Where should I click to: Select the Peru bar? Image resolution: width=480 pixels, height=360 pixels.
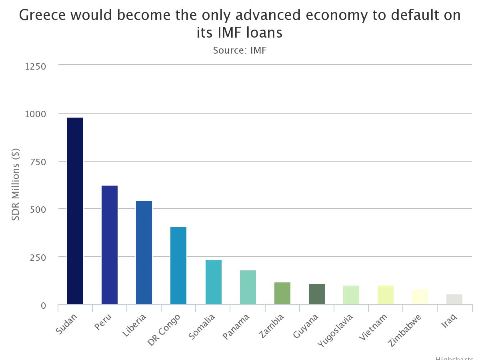coord(110,245)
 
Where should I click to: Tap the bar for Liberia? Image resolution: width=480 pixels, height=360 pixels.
coord(144,252)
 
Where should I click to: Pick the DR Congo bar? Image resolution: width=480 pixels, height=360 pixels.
coord(178,266)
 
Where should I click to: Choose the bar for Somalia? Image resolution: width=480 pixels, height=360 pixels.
coord(213,282)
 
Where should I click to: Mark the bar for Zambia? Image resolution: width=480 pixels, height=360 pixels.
coord(282,293)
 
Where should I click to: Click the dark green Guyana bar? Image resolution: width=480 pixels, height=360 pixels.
coord(317,294)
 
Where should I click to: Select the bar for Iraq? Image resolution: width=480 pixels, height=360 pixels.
coord(454,299)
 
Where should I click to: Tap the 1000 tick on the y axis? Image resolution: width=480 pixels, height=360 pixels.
coord(36,114)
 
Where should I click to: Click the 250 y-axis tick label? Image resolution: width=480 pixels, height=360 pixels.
coord(38,257)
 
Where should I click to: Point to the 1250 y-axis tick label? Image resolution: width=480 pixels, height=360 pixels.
coord(36,66)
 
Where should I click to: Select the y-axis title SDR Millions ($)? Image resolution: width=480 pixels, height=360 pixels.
coord(16,184)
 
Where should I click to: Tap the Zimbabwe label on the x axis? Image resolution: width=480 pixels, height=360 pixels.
coord(405,330)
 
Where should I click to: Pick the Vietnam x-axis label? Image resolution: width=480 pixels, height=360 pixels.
coord(373,327)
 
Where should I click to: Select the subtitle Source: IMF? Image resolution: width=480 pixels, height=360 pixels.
coord(240,50)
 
